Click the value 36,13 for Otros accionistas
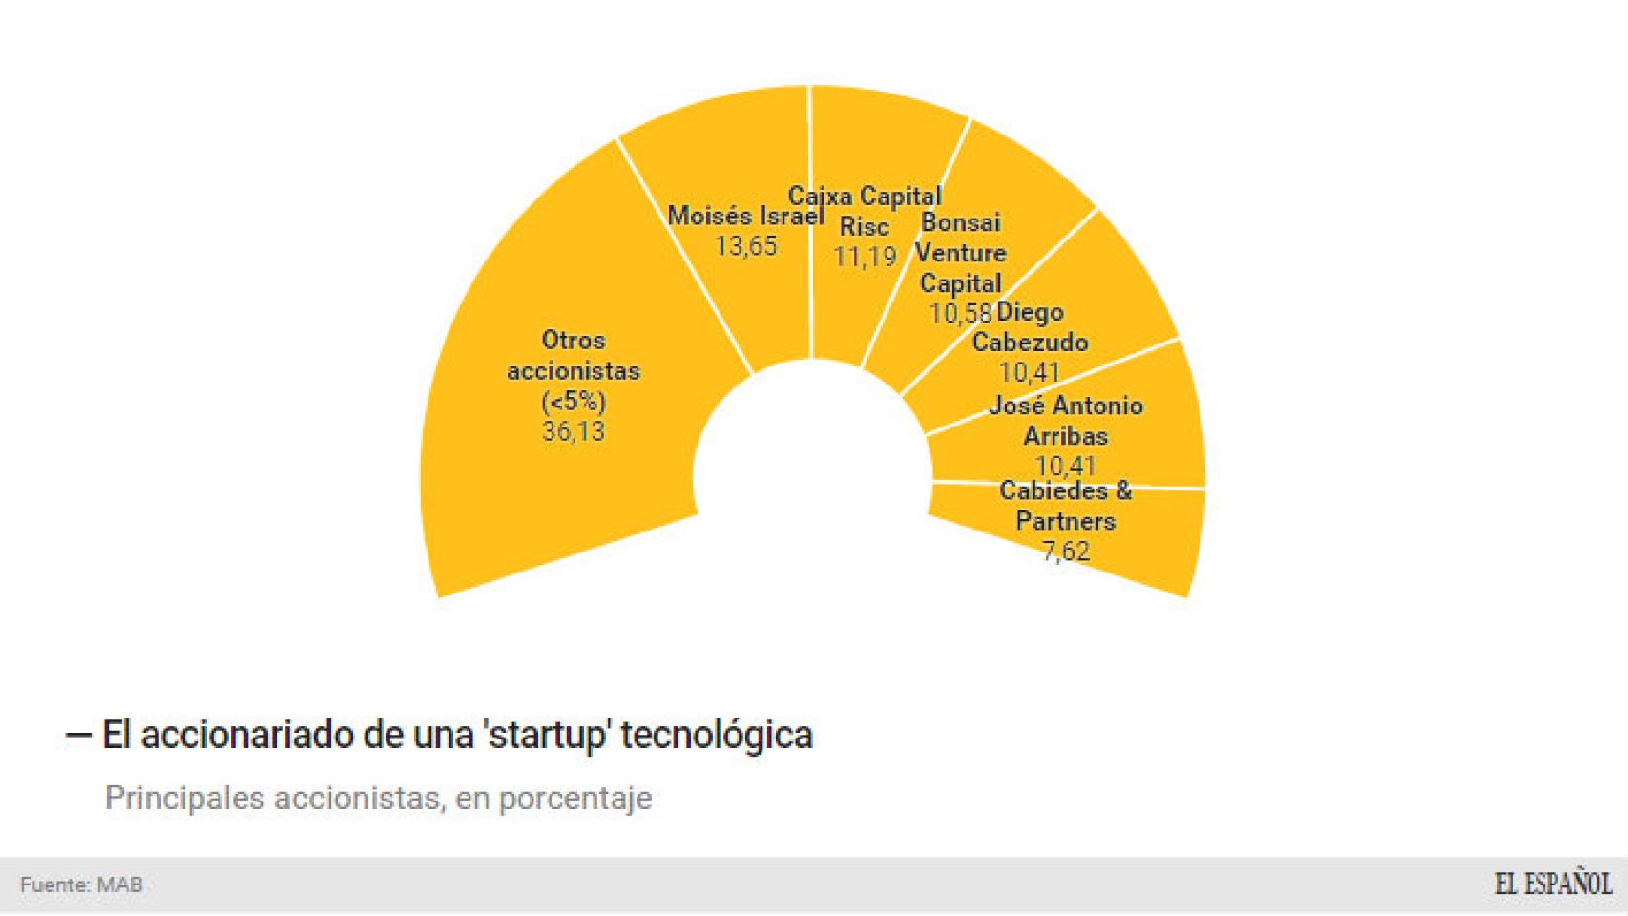(574, 431)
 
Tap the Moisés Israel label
(745, 216)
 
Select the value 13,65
(745, 246)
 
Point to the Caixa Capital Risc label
(865, 211)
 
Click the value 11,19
(865, 257)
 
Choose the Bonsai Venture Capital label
(961, 253)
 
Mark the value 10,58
(960, 313)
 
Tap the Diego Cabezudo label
(1030, 326)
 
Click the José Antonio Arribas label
(1066, 420)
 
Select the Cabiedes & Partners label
(1066, 506)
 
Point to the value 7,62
(1066, 552)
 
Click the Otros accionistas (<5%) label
(574, 370)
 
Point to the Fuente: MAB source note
(81, 885)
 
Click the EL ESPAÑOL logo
(1554, 884)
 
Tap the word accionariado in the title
(247, 735)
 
